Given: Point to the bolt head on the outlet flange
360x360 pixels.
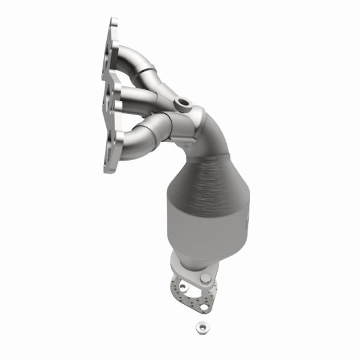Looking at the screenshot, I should pos(206,278).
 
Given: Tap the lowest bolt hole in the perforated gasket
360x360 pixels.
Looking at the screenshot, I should pos(203,307).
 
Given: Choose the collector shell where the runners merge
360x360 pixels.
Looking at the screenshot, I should pos(186,123).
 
